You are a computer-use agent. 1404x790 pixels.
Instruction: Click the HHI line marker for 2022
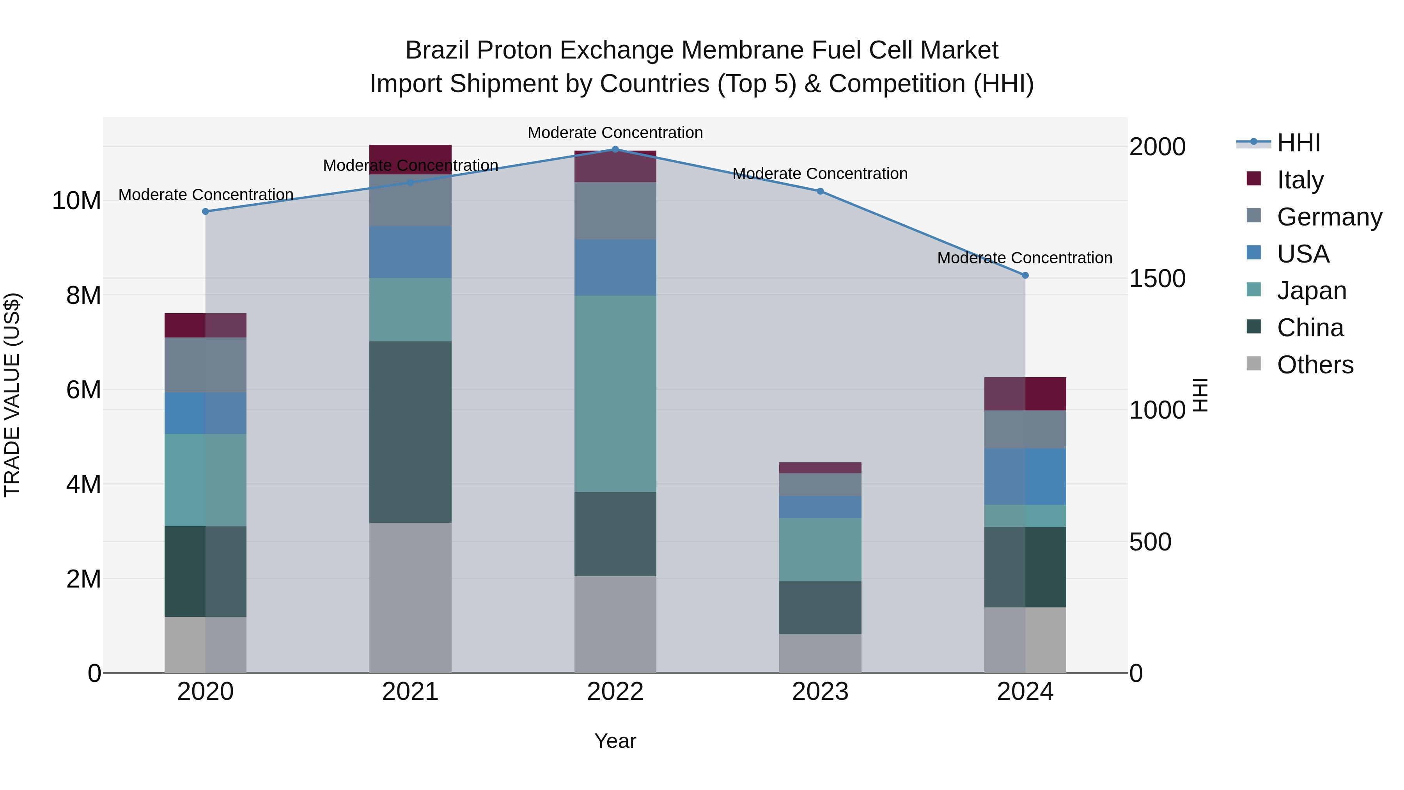tap(615, 149)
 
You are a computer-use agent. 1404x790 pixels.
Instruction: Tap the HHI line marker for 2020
tap(206, 211)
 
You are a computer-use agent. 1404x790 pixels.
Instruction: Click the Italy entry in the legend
tap(1300, 180)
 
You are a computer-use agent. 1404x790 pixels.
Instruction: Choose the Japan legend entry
tap(1311, 291)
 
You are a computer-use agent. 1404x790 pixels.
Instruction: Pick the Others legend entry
tap(1315, 365)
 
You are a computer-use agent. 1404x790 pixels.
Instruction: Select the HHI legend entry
tap(1298, 143)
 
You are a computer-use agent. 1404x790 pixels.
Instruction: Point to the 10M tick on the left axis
tap(76, 201)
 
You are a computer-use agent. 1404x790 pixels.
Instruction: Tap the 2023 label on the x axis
tap(820, 692)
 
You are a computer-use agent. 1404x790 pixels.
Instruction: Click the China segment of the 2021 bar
tap(410, 432)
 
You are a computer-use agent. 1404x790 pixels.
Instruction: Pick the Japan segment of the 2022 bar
tap(615, 394)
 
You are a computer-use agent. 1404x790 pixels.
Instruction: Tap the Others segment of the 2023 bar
tap(820, 653)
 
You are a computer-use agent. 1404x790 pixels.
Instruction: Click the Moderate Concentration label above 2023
tap(820, 174)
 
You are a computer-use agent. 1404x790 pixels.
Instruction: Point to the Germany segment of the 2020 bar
tap(206, 365)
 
